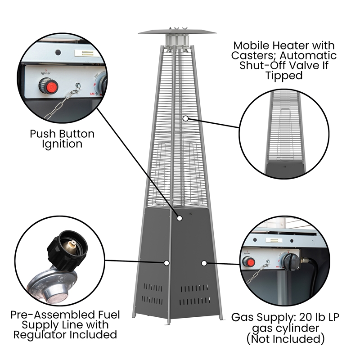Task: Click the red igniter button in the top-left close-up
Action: click(52, 85)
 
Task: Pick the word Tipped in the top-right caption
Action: click(283, 76)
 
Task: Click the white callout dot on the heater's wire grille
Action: click(185, 118)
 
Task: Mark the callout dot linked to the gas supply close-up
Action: click(204, 262)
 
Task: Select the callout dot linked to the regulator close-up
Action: click(166, 262)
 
